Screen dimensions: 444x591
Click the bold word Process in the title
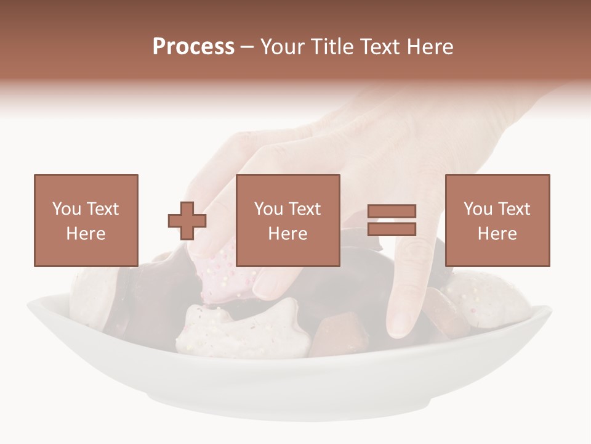(x=193, y=47)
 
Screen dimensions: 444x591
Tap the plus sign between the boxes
(x=187, y=221)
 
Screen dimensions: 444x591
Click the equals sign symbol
(x=392, y=220)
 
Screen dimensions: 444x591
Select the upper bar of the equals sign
(x=392, y=212)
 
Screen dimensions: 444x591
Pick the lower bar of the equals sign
(x=392, y=229)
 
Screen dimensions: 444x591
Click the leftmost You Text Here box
(x=86, y=220)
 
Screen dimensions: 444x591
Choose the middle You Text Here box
(x=288, y=220)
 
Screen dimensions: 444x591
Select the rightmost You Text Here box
(x=497, y=220)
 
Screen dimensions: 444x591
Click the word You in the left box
(x=66, y=209)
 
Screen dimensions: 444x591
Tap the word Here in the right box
(x=497, y=234)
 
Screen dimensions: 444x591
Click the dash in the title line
(x=247, y=47)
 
